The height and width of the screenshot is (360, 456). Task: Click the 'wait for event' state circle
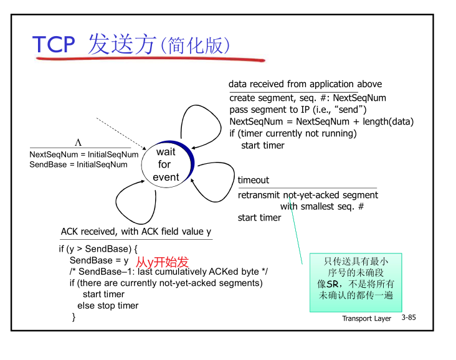pos(166,164)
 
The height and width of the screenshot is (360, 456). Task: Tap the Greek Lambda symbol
pos(78,143)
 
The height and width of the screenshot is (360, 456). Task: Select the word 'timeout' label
pos(254,180)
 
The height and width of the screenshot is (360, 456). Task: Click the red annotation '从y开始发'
pos(162,262)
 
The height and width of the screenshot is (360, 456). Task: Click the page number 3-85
pos(409,318)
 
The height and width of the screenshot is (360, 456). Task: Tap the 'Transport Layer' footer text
pos(366,318)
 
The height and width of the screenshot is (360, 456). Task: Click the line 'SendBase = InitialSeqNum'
pos(78,164)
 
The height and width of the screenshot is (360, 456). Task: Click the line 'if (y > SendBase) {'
pos(98,249)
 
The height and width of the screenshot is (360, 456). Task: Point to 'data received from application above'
pos(305,84)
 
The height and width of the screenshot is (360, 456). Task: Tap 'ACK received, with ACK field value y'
pos(136,232)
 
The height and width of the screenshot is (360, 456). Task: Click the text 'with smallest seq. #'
pos(322,206)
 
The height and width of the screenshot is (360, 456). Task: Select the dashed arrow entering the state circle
pos(118,131)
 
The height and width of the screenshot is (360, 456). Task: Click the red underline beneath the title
pos(150,60)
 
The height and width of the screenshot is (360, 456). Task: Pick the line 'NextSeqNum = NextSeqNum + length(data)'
pos(321,121)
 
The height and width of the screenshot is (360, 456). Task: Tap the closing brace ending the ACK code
pos(74,317)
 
